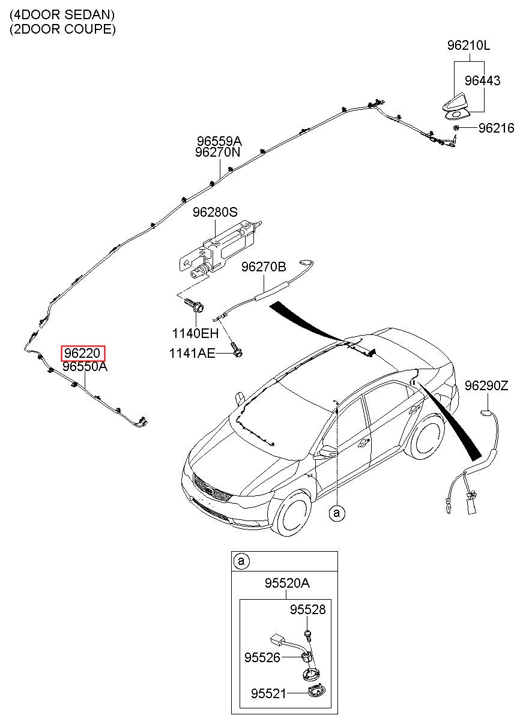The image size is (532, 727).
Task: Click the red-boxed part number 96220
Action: point(83,354)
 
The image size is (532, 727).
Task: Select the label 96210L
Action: point(469,46)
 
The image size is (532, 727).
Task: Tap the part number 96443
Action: point(482,81)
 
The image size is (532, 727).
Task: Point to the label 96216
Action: point(497,128)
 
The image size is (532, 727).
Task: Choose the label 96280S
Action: point(215,213)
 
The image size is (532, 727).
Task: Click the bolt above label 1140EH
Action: point(194,306)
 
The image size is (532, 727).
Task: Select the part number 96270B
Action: point(264,267)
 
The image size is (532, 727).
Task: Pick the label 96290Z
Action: point(486,386)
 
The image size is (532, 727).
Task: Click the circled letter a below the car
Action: point(337,513)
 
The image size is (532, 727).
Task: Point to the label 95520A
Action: point(287,584)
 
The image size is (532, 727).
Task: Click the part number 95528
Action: point(307,609)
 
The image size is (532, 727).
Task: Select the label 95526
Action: point(262,658)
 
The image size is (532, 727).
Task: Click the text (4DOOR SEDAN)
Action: point(62,14)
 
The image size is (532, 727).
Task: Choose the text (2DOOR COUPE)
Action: point(62,29)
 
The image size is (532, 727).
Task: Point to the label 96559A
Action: point(219,141)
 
